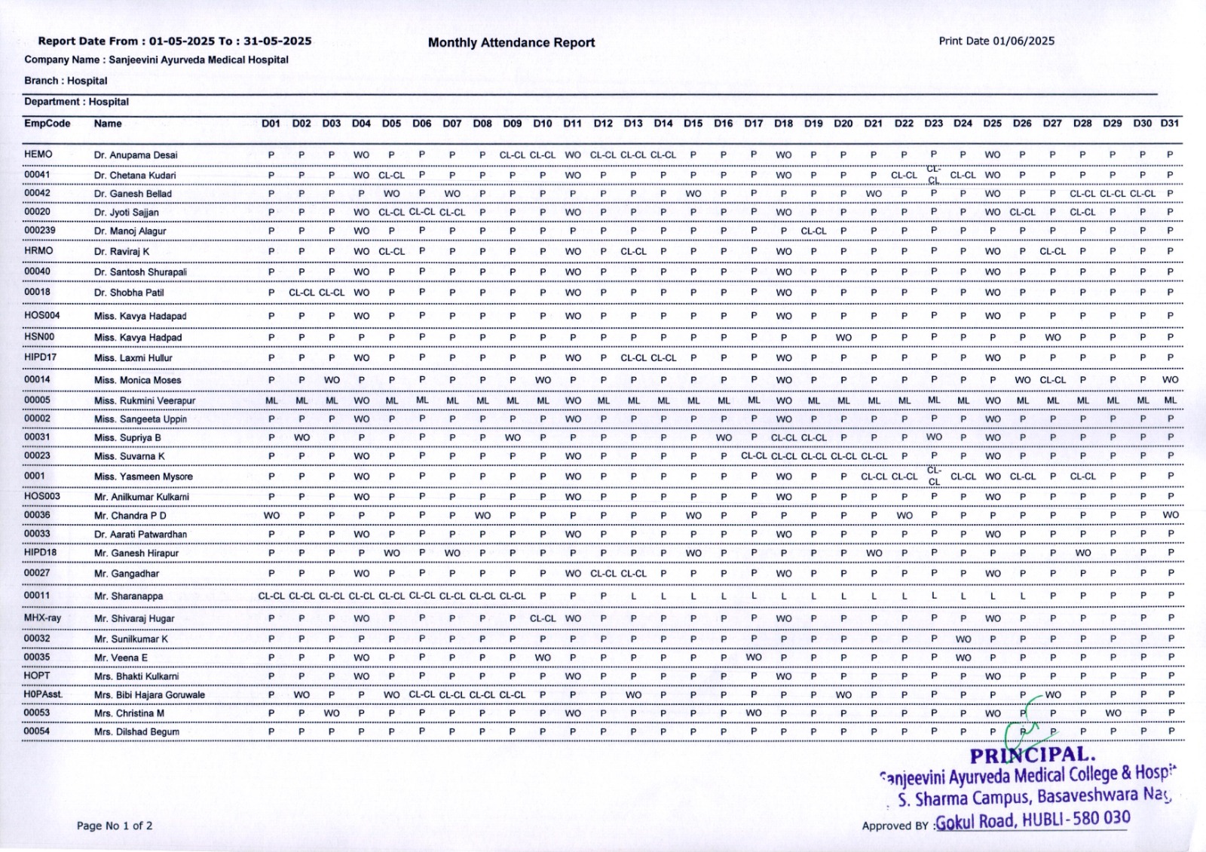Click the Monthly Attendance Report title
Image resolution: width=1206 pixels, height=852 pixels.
click(511, 43)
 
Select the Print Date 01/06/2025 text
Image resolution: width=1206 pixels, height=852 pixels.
click(996, 41)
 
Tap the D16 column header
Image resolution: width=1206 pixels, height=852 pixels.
click(723, 124)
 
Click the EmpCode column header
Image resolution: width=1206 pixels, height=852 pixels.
click(47, 124)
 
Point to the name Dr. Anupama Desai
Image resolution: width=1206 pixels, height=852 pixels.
click(136, 155)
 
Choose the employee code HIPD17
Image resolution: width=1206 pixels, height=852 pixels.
click(40, 357)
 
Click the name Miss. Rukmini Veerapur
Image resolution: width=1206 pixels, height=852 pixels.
click(144, 401)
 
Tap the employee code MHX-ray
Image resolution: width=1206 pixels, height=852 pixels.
click(42, 618)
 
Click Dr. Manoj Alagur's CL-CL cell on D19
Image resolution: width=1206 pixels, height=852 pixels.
click(813, 231)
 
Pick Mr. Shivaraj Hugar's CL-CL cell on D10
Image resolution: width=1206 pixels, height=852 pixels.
click(542, 619)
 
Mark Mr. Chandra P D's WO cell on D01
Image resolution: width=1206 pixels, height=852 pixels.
click(271, 516)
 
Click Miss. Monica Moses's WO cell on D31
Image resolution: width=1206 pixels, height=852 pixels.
click(1170, 380)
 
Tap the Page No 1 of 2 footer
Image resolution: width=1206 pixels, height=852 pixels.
click(115, 826)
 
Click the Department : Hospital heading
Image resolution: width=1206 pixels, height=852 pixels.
click(76, 102)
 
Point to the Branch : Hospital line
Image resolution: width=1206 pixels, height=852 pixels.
click(66, 81)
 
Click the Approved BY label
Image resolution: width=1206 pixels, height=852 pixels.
click(895, 826)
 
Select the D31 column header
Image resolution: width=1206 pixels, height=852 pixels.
click(1169, 124)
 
